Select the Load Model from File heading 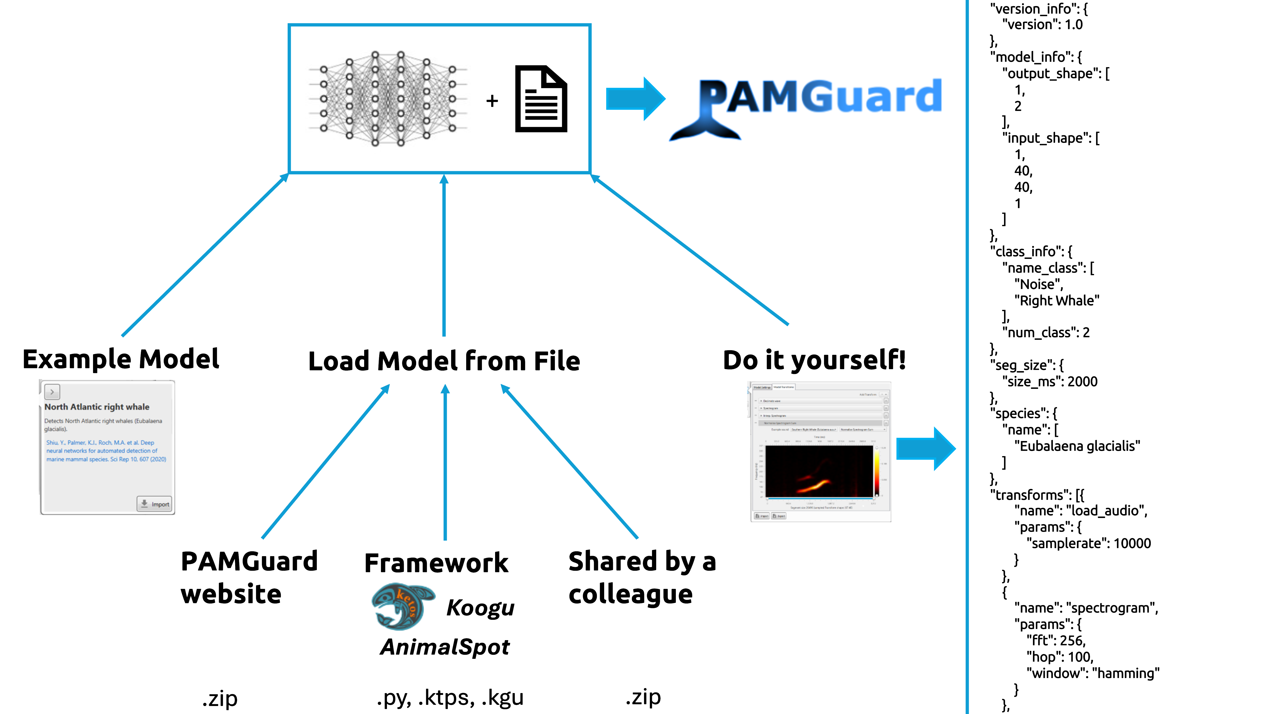pos(444,361)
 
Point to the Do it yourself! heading pos(814,360)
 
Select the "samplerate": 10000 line pos(1091,543)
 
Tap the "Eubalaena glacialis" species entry pos(1077,446)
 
